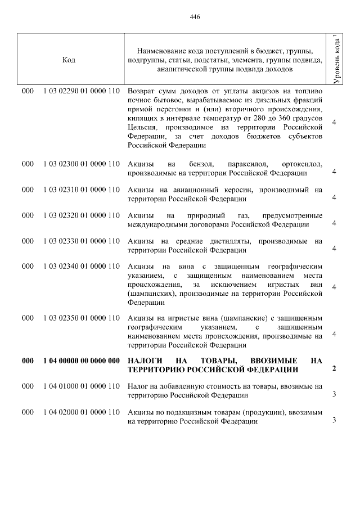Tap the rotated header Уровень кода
(336, 60)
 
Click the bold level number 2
(334, 369)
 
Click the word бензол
(203, 164)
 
